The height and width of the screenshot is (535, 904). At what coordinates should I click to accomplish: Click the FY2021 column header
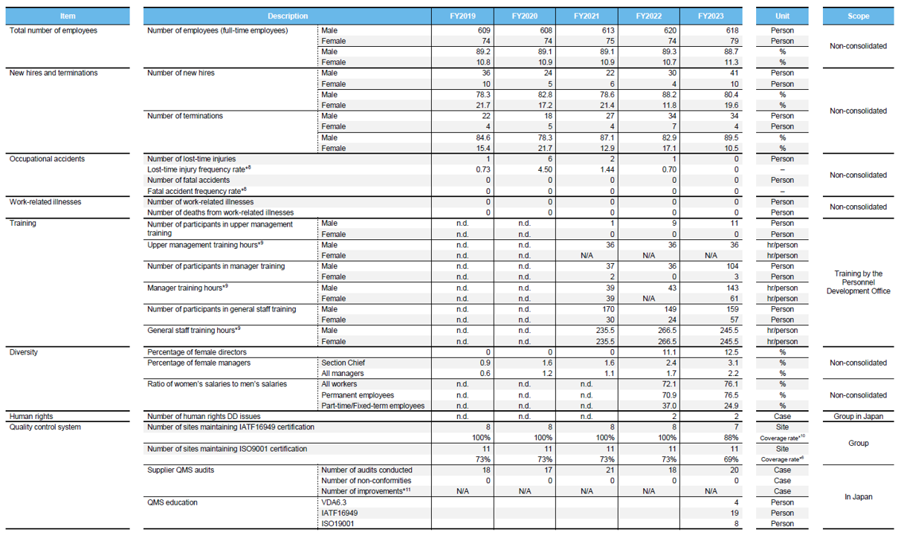(x=587, y=16)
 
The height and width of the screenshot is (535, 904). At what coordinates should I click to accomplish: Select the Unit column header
(x=782, y=16)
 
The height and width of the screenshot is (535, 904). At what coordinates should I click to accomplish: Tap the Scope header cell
(x=858, y=16)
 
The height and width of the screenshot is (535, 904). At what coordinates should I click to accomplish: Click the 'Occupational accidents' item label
(x=48, y=159)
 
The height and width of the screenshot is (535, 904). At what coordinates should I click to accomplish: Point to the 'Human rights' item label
(x=31, y=416)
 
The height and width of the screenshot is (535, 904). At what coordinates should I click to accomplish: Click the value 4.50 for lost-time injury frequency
(x=544, y=170)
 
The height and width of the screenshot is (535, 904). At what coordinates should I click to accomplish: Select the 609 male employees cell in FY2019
(x=484, y=30)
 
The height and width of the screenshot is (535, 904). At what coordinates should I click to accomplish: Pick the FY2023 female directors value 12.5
(x=732, y=352)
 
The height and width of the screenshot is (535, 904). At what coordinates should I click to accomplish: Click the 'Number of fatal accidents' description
(x=189, y=181)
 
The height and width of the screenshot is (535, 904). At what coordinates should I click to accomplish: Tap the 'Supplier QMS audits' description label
(x=181, y=470)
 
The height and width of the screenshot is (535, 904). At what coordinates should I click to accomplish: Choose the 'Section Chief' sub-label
(x=343, y=363)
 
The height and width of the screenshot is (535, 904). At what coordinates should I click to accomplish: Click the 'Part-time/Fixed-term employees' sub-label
(x=373, y=406)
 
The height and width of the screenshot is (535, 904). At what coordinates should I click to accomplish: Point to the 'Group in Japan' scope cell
(x=859, y=416)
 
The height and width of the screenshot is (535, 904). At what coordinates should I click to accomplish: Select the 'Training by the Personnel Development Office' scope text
(x=859, y=282)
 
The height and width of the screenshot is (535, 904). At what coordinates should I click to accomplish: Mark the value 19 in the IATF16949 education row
(x=734, y=513)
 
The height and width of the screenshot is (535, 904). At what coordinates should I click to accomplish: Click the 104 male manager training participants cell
(x=732, y=266)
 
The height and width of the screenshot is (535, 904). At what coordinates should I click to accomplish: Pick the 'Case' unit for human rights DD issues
(x=782, y=416)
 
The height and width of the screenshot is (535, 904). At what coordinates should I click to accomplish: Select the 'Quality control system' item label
(x=45, y=427)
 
